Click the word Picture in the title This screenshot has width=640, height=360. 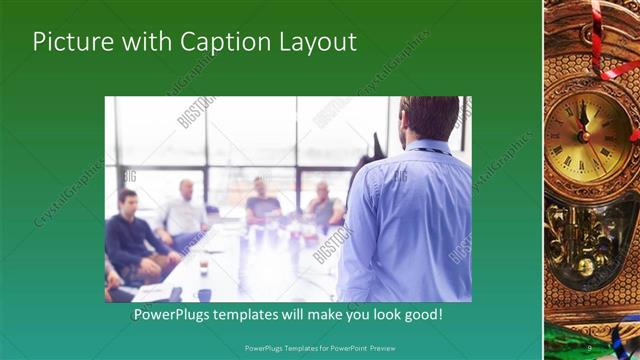click(71, 42)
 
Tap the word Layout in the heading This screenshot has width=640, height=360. click(315, 42)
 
